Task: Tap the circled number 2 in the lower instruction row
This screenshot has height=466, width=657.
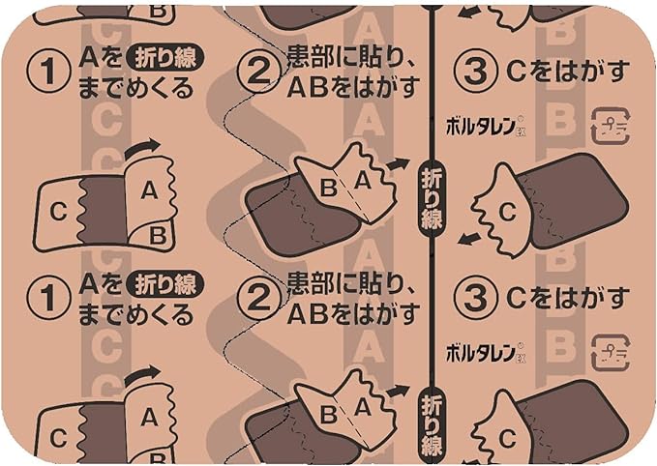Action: [x=258, y=302]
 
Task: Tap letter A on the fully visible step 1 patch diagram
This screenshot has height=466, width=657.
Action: [x=149, y=191]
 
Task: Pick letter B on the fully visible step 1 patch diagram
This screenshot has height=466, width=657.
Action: [x=158, y=233]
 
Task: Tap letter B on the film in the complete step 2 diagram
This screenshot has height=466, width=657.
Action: [x=329, y=189]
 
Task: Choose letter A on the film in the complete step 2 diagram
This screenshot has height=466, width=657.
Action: [x=360, y=178]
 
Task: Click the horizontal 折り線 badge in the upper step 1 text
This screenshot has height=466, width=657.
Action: [x=166, y=58]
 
